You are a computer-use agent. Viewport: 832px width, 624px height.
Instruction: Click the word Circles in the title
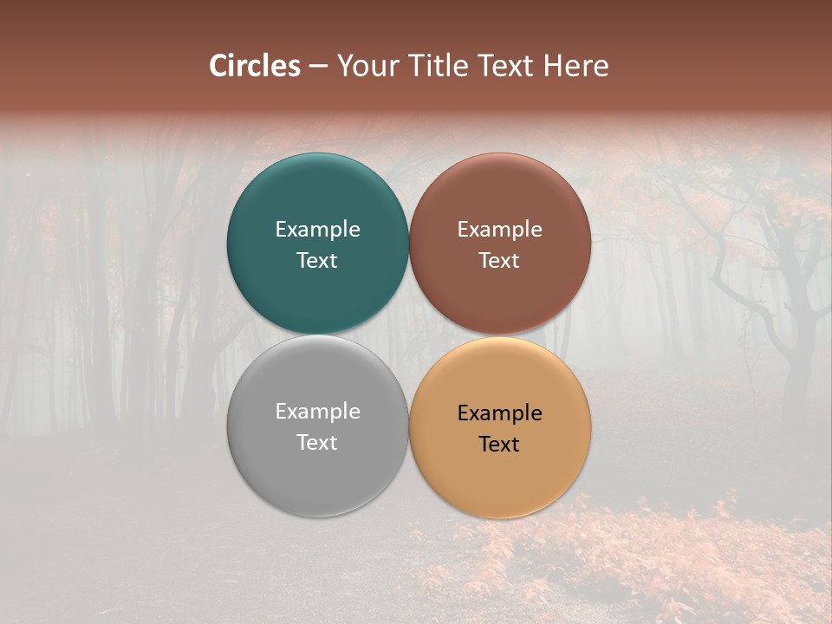pos(255,66)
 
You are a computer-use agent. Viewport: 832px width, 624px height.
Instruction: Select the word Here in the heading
pos(575,66)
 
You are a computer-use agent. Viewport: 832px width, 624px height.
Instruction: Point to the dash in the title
pos(319,67)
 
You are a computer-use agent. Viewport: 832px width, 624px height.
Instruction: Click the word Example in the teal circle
pos(317,230)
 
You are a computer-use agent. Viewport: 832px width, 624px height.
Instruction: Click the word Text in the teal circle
pos(317,261)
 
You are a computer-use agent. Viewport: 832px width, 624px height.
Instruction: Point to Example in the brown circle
pos(500,230)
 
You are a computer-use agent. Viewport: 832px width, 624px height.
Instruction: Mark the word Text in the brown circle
pos(500,261)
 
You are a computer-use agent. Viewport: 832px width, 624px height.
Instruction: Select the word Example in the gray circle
pos(317,412)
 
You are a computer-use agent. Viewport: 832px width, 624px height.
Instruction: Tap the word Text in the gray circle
pos(317,443)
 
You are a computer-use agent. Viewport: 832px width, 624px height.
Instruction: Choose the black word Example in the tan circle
pos(500,413)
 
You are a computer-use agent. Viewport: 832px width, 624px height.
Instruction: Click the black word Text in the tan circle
pos(500,445)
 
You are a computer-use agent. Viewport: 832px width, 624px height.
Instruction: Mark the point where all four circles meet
pos(409,335)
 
